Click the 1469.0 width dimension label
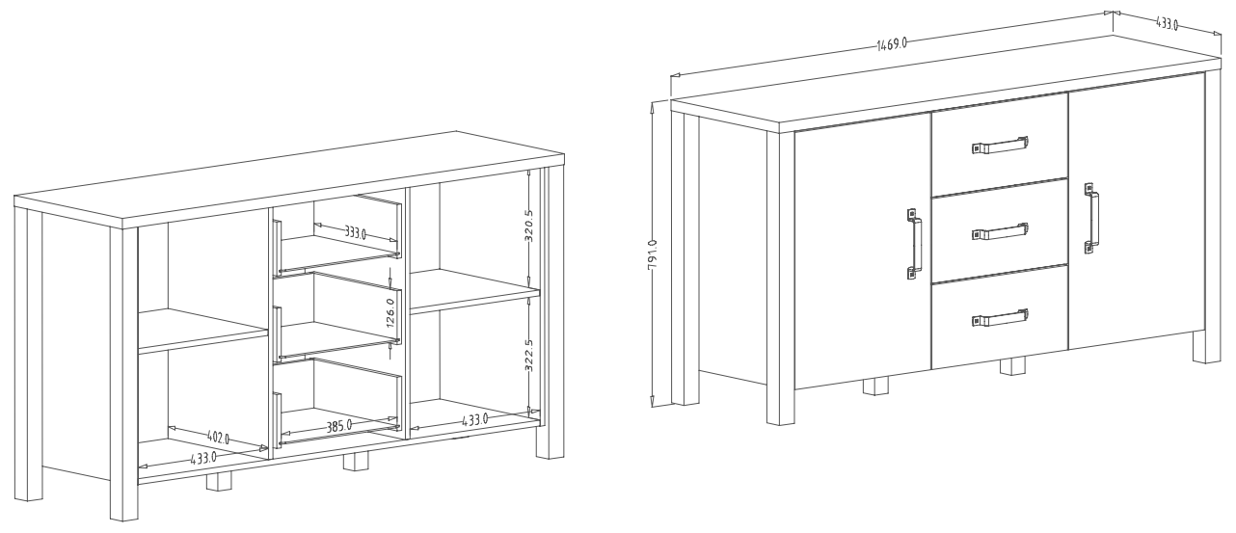click(x=892, y=43)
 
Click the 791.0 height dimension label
click(x=652, y=254)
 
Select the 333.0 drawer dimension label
click(x=356, y=232)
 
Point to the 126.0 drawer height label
click(x=390, y=313)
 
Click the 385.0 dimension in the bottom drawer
click(x=339, y=426)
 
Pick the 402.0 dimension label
click(x=218, y=438)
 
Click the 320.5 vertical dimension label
click(x=528, y=226)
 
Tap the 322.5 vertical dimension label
click(x=528, y=355)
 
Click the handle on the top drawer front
click(x=1000, y=146)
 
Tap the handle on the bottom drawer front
click(x=1000, y=318)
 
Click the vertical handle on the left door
click(x=914, y=244)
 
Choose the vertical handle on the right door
click(x=1090, y=219)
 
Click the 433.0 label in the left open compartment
click(x=203, y=458)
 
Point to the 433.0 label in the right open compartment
click(x=474, y=420)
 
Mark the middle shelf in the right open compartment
click(x=475, y=291)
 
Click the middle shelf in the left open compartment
click(x=203, y=331)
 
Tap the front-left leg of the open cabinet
click(x=123, y=374)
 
